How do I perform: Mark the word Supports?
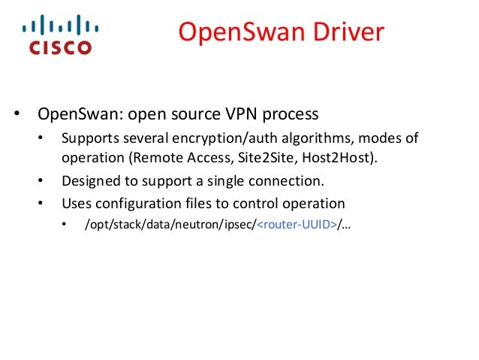[89, 139]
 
